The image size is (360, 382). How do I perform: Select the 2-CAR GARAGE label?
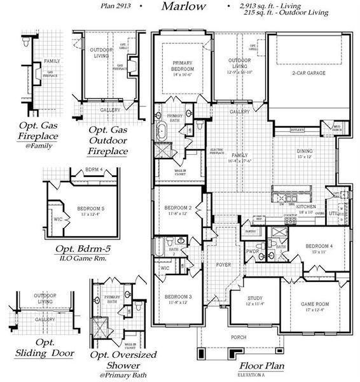tap(309, 74)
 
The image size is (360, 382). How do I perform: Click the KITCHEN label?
tap(307, 208)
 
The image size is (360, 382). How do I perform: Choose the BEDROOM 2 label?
tap(178, 208)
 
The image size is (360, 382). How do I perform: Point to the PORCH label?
tap(239, 337)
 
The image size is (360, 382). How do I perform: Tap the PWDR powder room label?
tap(253, 251)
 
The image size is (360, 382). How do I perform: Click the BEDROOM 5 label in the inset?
tap(89, 208)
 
